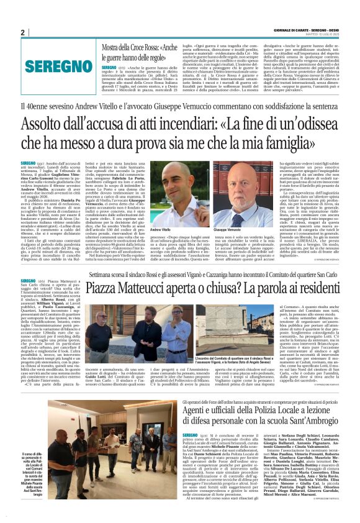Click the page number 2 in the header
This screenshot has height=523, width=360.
coord(22,33)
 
